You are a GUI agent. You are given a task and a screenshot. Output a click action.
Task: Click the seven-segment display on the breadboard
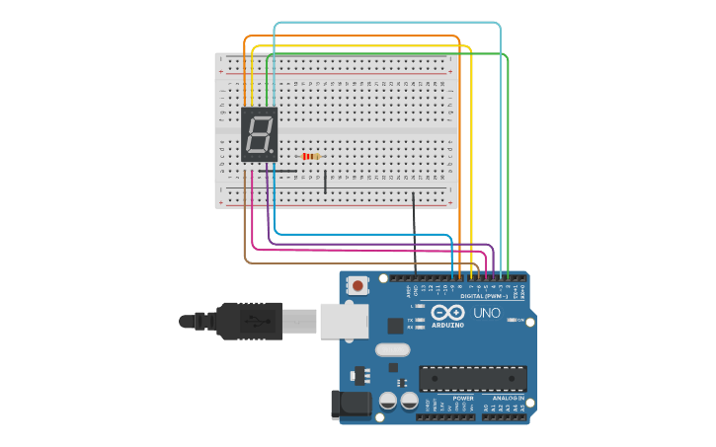[259, 135]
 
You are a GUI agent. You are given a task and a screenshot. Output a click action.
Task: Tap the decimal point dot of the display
[273, 151]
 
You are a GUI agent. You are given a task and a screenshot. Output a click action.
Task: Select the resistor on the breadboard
[311, 156]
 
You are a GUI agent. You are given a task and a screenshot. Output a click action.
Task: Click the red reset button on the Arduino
[357, 285]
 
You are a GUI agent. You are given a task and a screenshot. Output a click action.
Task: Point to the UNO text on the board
[487, 313]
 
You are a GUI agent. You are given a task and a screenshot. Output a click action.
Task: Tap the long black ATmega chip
[472, 378]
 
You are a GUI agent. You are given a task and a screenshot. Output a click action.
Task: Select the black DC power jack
[350, 403]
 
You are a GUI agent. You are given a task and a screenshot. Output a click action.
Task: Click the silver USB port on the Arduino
[345, 321]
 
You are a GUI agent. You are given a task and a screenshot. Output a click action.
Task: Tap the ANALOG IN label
[508, 398]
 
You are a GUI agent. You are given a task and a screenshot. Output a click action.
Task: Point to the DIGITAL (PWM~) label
[483, 295]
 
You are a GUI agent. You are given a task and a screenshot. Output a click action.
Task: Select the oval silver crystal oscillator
[392, 348]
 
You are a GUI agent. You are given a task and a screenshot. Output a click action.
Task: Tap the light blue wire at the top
[385, 22]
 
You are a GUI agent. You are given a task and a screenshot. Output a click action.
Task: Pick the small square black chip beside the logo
[395, 325]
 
